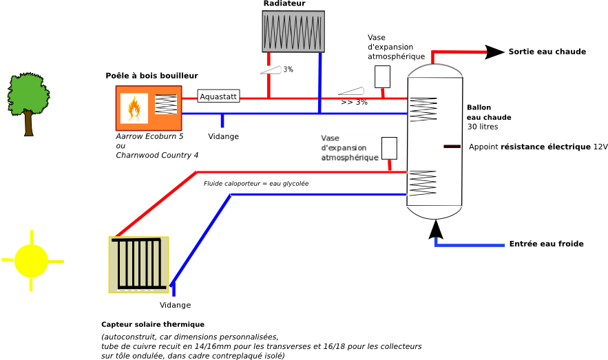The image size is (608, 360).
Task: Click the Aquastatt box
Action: pyautogui.click(x=218, y=96)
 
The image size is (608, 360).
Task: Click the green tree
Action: pyautogui.click(x=28, y=104)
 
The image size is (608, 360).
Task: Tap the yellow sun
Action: pyautogui.click(x=32, y=260)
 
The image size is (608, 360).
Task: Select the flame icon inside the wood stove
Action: pyautogui.click(x=134, y=107)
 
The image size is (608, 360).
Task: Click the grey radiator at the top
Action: pyautogui.click(x=293, y=32)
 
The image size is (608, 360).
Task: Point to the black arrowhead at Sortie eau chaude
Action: pyautogui.click(x=495, y=52)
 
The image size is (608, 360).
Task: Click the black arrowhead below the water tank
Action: pyautogui.click(x=436, y=229)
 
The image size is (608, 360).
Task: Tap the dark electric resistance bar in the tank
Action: pyautogui.click(x=452, y=147)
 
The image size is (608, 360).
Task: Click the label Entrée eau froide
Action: pyautogui.click(x=546, y=244)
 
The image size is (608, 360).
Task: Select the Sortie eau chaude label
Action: pyautogui.click(x=547, y=52)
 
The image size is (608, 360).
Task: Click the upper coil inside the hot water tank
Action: pyautogui.click(x=423, y=109)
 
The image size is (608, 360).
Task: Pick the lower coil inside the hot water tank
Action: pyautogui.click(x=423, y=183)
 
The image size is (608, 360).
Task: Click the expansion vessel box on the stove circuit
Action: pyautogui.click(x=382, y=76)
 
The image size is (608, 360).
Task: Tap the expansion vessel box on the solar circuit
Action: pyautogui.click(x=389, y=148)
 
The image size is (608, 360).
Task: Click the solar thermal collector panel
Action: pyautogui.click(x=139, y=264)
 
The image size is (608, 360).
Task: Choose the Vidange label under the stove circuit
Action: pyautogui.click(x=223, y=136)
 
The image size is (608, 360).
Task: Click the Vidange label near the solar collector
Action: pyautogui.click(x=176, y=305)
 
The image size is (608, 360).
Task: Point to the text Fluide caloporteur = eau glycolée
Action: pyautogui.click(x=256, y=184)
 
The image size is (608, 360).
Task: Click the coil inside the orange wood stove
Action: pyautogui.click(x=166, y=104)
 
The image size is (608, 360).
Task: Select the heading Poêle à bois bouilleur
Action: pyautogui.click(x=151, y=76)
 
